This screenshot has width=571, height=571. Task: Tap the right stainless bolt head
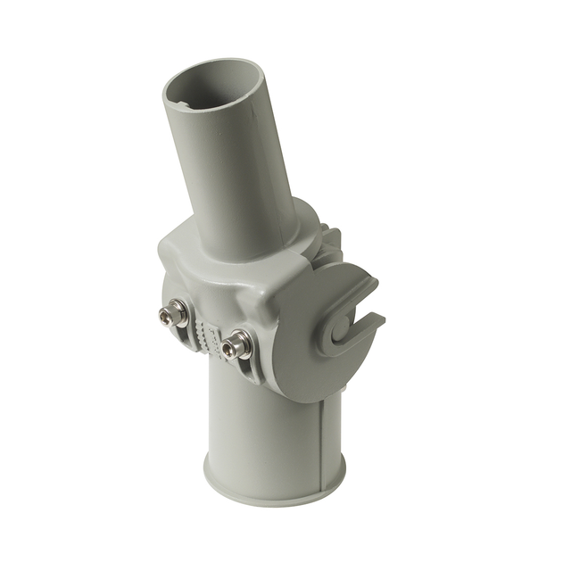tap(235, 345)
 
